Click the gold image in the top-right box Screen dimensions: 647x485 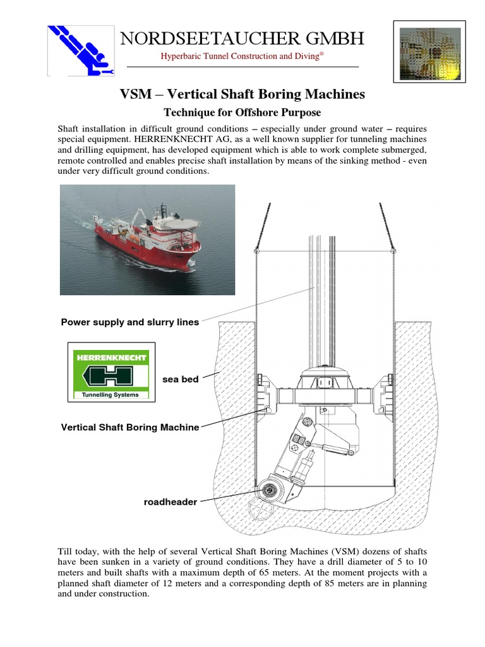point(429,51)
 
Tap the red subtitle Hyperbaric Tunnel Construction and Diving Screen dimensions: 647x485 point(242,56)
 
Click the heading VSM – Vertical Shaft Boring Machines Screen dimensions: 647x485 point(242,94)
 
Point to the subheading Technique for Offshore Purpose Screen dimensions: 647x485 point(242,112)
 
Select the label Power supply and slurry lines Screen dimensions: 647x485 point(129,322)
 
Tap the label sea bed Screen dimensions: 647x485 point(181,380)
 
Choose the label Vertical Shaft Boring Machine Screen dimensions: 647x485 point(129,427)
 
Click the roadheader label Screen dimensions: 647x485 point(171,502)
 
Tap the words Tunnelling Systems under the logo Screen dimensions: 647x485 point(111,395)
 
